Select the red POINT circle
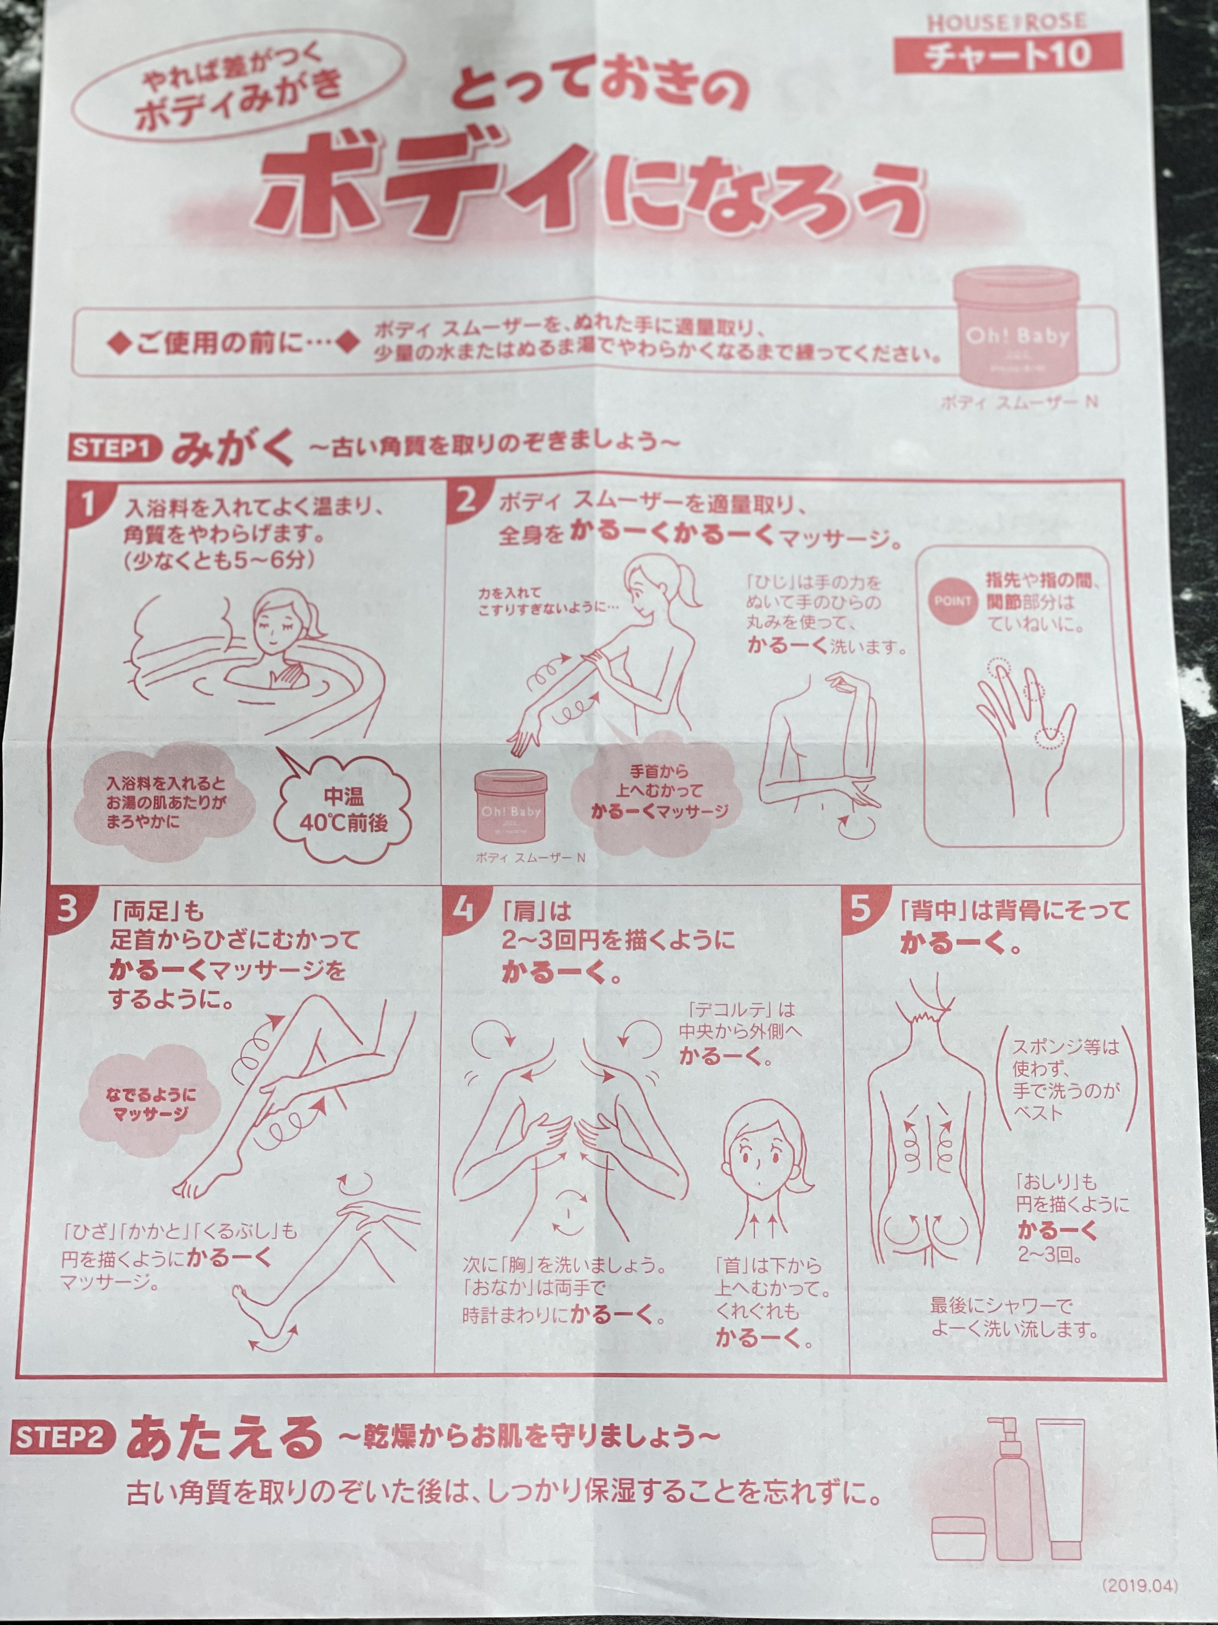[x=952, y=601]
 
